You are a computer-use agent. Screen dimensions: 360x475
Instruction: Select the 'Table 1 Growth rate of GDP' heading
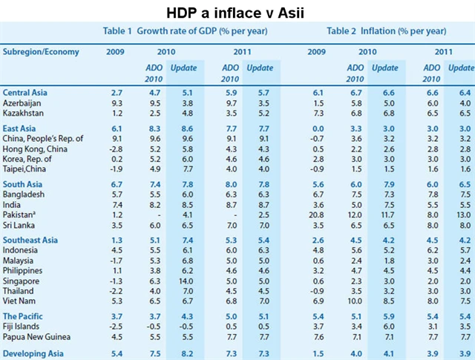click(x=185, y=31)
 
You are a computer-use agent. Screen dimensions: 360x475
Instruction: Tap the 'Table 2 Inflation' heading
click(x=386, y=31)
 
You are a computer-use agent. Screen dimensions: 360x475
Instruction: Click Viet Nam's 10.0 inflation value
click(x=353, y=292)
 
